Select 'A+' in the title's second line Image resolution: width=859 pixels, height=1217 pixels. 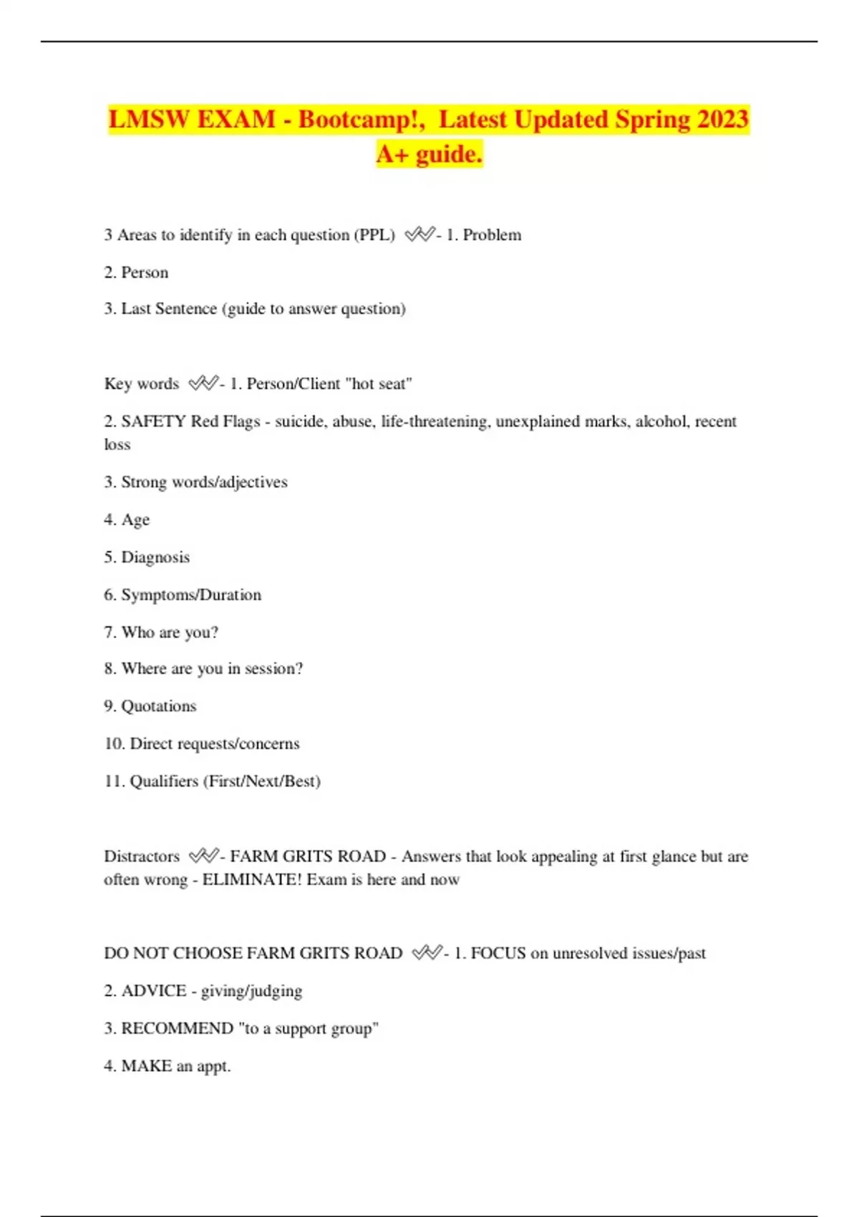(392, 154)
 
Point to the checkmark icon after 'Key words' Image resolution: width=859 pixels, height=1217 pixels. (203, 384)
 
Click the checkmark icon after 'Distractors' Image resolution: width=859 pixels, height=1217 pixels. (203, 856)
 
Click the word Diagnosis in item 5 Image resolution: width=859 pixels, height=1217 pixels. (155, 558)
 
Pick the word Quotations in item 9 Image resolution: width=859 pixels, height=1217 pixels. (158, 707)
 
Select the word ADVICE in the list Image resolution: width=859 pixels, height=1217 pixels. (153, 991)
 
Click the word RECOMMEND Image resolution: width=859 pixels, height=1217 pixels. (177, 1029)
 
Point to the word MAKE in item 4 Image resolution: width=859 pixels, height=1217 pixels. (147, 1066)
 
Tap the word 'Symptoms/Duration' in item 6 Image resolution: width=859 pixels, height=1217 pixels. (191, 595)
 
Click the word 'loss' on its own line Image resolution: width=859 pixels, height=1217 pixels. (117, 445)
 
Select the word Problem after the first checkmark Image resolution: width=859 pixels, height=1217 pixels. (492, 235)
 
